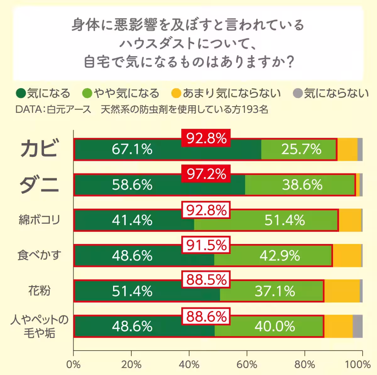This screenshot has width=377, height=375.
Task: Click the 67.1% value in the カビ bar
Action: point(132,149)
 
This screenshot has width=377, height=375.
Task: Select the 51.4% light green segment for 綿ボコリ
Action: point(284,220)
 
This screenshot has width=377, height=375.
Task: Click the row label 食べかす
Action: point(39,255)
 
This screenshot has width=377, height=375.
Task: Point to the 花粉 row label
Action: point(39,291)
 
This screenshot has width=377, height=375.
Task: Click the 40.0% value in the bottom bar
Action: point(275,327)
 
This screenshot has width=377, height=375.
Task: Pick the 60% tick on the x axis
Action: point(247,365)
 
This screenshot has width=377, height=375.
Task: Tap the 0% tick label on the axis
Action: point(74,365)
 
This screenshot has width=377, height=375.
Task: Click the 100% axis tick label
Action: point(358,365)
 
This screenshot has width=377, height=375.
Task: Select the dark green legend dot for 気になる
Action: point(21,93)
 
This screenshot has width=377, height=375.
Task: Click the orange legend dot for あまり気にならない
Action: point(176,93)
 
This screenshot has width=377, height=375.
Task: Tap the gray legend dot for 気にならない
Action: point(297,93)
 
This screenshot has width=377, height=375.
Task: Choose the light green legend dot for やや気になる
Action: point(87,93)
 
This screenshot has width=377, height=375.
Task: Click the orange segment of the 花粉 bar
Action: point(342,291)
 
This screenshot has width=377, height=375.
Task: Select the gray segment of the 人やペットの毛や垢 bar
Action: point(358,326)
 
